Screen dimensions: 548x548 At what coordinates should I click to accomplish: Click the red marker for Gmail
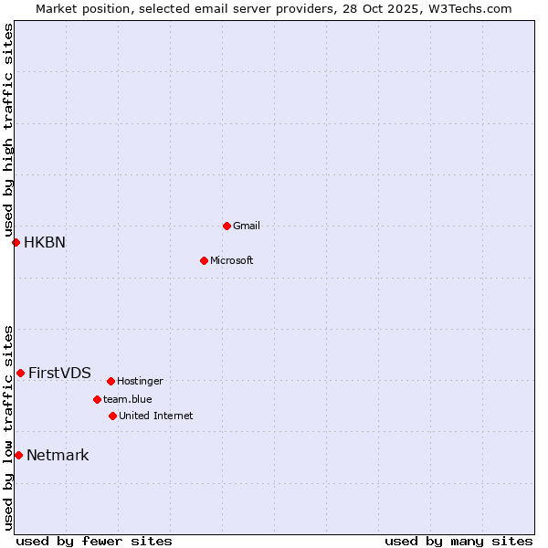[227, 226]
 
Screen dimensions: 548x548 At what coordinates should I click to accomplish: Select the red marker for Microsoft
[204, 260]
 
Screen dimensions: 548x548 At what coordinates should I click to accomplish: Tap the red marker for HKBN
[16, 242]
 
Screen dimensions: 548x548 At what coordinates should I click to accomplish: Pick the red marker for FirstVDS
[20, 373]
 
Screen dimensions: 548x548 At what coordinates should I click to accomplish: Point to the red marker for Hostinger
[111, 381]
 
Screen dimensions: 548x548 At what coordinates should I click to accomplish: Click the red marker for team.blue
[97, 399]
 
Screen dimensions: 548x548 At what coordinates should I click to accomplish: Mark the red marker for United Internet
[112, 416]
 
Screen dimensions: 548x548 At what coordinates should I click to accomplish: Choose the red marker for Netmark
[18, 455]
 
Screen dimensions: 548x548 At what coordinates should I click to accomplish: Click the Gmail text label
[247, 226]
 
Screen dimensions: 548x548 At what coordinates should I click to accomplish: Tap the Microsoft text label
[232, 260]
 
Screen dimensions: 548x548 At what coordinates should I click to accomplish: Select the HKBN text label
[45, 242]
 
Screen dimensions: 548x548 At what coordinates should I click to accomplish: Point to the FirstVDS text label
[59, 373]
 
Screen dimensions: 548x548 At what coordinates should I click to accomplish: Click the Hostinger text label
[140, 381]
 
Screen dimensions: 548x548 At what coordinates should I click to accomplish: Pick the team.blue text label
[128, 399]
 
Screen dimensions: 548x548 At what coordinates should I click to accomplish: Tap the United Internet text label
[156, 416]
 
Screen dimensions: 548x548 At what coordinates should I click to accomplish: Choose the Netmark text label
[58, 455]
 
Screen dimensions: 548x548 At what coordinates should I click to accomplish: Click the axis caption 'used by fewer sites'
[94, 541]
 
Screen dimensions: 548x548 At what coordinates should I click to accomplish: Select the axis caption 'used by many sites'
[458, 541]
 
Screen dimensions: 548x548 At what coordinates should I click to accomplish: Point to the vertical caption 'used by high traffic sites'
[8, 130]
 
